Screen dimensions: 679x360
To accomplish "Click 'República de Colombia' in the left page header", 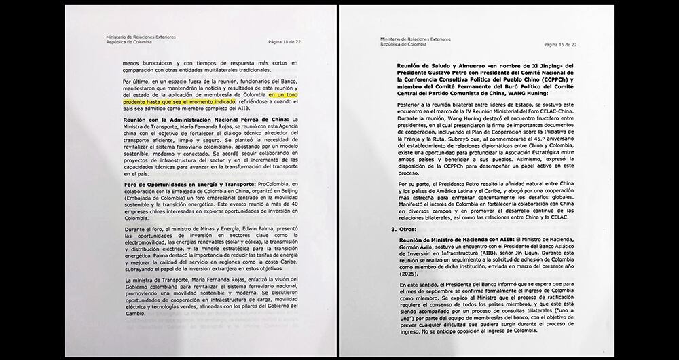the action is click(126, 44).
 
